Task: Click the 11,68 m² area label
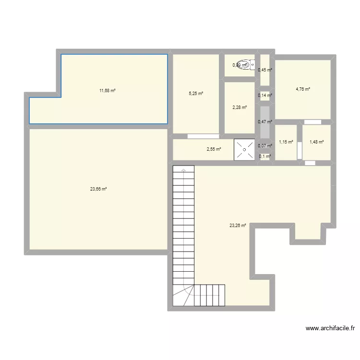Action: click(x=108, y=90)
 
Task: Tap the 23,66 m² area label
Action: click(x=98, y=189)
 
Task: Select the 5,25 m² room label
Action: click(x=196, y=94)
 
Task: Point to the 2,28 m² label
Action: click(x=240, y=108)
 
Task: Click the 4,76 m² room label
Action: click(x=303, y=89)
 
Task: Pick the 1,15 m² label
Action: click(x=286, y=142)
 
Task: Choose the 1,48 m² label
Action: click(x=317, y=142)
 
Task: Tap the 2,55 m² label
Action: click(x=214, y=149)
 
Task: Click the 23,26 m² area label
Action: click(x=238, y=225)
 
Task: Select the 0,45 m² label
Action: click(x=265, y=70)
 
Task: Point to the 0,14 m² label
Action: click(x=265, y=96)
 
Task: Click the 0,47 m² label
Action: click(x=265, y=122)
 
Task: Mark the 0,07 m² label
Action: click(x=265, y=146)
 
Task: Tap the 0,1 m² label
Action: click(x=265, y=156)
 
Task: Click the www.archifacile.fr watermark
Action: click(x=330, y=329)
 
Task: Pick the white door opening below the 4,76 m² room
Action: click(x=312, y=121)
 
